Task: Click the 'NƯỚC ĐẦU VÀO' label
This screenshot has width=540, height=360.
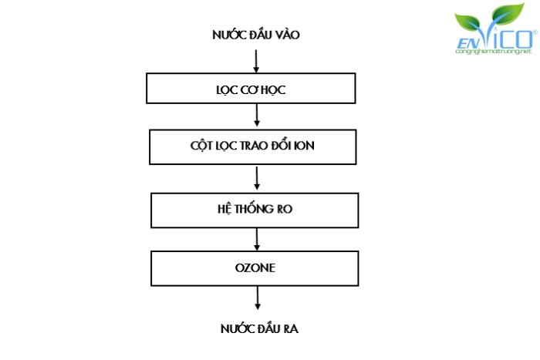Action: click(255, 35)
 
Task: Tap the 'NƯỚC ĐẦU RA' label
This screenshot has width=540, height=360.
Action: click(258, 329)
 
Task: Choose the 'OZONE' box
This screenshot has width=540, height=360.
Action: click(255, 268)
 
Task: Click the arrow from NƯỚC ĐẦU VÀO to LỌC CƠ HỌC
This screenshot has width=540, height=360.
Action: click(256, 59)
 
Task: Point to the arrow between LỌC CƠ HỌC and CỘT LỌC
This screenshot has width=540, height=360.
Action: click(257, 116)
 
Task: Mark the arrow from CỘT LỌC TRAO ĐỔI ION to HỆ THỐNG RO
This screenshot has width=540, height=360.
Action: click(257, 177)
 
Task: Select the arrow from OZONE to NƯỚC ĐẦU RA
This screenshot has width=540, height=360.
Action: click(257, 298)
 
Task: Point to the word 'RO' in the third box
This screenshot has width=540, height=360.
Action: click(285, 208)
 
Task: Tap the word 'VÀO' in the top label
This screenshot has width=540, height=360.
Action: click(285, 35)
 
